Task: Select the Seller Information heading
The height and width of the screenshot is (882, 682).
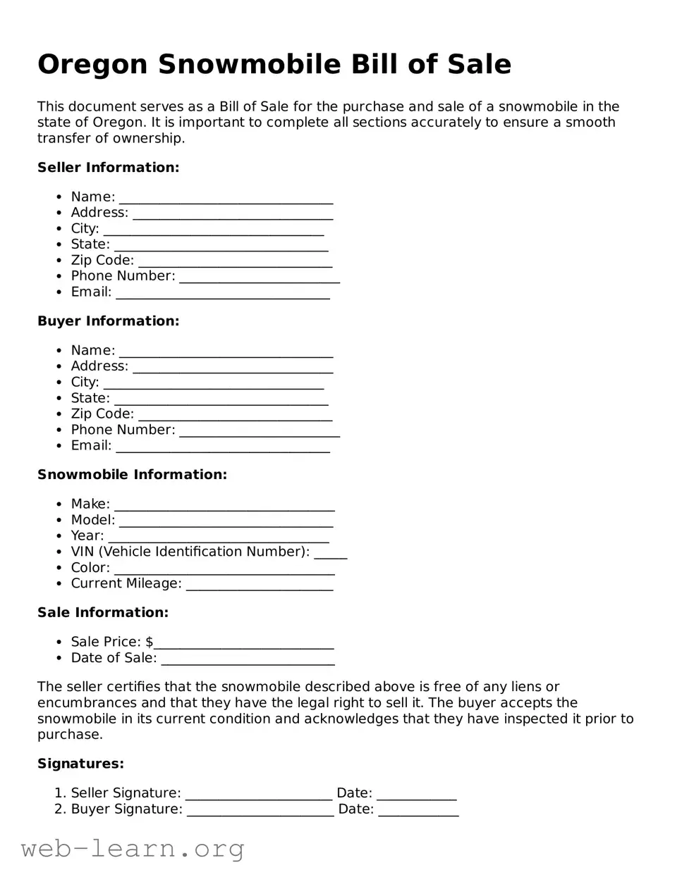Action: click(108, 168)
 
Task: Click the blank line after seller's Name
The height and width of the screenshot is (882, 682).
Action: click(226, 199)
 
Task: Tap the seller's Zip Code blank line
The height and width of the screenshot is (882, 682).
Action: click(235, 262)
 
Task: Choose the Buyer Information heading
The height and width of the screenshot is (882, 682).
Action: click(108, 321)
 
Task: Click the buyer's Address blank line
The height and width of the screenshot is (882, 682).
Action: click(233, 368)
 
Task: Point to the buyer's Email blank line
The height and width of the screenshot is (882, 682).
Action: click(222, 447)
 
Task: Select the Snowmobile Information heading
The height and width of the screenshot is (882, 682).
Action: click(132, 475)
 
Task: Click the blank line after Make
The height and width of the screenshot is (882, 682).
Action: click(224, 506)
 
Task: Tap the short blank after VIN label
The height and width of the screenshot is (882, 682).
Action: click(330, 554)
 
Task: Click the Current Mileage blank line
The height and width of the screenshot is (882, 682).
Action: click(259, 585)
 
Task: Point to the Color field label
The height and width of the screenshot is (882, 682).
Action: click(90, 568)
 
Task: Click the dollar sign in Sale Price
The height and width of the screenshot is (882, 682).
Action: click(149, 642)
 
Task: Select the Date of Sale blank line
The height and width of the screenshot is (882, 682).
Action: click(248, 659)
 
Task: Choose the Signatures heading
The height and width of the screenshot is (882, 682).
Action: click(80, 764)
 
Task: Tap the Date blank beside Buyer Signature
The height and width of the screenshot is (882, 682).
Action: click(418, 811)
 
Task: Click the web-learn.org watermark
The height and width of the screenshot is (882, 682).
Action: click(133, 849)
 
